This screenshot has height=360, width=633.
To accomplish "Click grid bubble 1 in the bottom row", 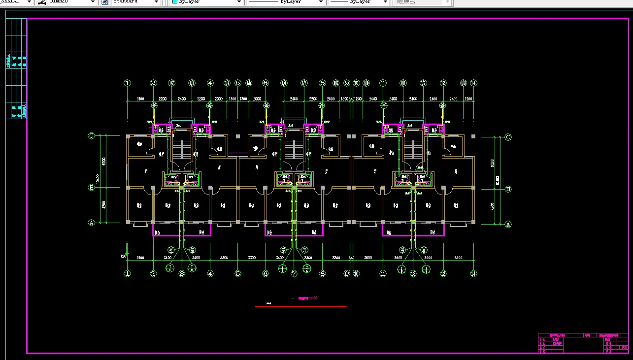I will [x=128, y=273].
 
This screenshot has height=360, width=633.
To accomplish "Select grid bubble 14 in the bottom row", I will [x=474, y=273].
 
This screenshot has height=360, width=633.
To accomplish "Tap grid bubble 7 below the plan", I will [x=294, y=273].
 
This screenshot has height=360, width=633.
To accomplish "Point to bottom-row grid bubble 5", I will [x=238, y=273].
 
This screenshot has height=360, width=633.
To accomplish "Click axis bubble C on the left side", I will [x=91, y=136].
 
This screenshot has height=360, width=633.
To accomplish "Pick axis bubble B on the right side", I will [x=508, y=189].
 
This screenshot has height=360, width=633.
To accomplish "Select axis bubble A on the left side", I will [x=91, y=223].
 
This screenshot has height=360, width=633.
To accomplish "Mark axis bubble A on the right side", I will [x=508, y=224].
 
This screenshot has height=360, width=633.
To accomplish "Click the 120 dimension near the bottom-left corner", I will [x=123, y=257].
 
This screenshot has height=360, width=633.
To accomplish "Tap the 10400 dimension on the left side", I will [x=98, y=180].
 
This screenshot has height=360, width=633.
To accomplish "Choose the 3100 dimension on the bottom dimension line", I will [x=140, y=258].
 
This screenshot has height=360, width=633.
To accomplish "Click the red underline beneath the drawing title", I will [x=301, y=307].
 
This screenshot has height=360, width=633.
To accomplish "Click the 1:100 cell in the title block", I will [x=622, y=347].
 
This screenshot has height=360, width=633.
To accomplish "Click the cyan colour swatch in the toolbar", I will [x=174, y=2].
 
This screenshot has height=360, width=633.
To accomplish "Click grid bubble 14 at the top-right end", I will [x=473, y=83].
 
